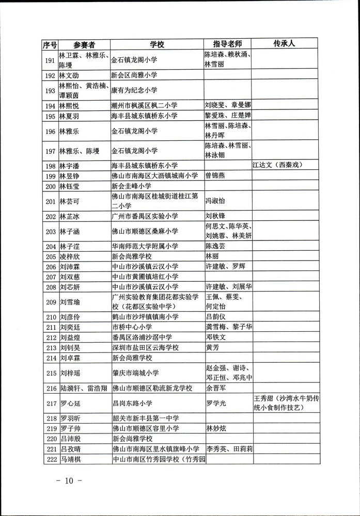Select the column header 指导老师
227,45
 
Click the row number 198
50,166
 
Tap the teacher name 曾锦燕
218,175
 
